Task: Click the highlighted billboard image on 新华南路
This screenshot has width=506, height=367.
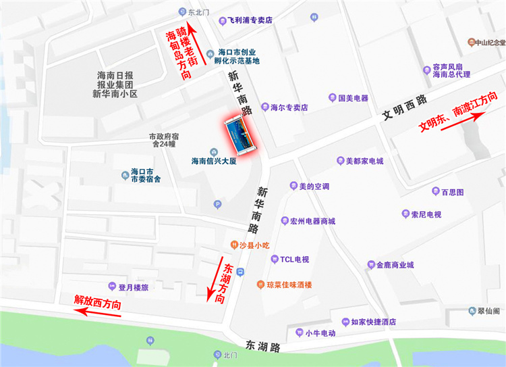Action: pos(241,135)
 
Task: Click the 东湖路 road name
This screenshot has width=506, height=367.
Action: pos(262,347)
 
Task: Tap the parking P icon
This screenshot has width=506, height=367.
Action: pos(217,204)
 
